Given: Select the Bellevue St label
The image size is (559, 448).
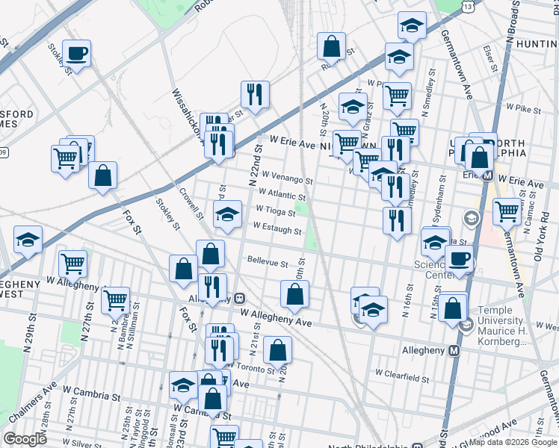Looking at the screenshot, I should point(268,263).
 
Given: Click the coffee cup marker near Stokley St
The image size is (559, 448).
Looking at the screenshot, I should point(76,53).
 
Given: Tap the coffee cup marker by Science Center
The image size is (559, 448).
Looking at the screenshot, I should point(459,259).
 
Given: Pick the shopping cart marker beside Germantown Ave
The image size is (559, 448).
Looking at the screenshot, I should point(507,211).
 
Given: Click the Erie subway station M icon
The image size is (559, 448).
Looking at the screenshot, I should point(487,176).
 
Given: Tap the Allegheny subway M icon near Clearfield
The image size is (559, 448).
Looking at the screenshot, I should point(454,350).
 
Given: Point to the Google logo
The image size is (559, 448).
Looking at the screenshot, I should point(25,439).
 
